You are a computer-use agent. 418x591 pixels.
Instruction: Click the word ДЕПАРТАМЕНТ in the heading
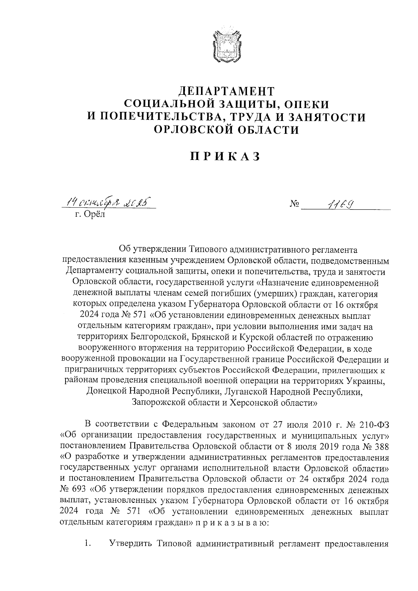[x=226, y=91]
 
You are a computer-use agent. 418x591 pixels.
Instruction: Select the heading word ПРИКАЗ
[x=226, y=156]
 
